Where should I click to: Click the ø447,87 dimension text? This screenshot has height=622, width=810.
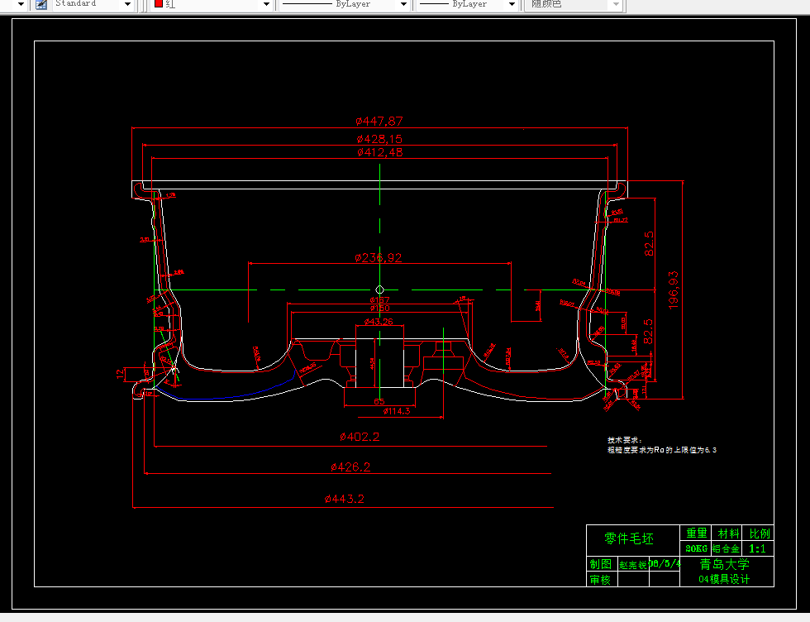tap(379, 122)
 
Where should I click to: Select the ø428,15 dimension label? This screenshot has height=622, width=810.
tap(379, 139)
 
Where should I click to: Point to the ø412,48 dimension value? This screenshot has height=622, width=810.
tap(379, 153)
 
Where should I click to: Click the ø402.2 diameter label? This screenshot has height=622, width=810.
tap(360, 436)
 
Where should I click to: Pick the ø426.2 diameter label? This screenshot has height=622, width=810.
tap(350, 467)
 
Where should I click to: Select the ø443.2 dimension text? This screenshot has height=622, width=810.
tap(345, 499)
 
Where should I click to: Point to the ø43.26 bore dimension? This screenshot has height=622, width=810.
tap(378, 322)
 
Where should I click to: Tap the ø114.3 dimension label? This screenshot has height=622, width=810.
tap(398, 410)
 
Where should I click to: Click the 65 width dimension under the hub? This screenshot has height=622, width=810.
tap(379, 401)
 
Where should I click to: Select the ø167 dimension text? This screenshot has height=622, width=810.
tap(379, 299)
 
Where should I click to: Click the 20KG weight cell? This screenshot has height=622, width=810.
tap(696, 548)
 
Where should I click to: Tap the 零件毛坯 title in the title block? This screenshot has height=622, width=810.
tap(629, 538)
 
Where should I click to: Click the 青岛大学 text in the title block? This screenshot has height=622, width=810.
tap(724, 564)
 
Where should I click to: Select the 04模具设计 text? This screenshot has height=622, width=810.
tap(724, 579)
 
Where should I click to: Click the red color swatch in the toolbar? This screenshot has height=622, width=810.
tap(158, 4)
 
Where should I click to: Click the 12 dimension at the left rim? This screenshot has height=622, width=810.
tap(121, 373)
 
